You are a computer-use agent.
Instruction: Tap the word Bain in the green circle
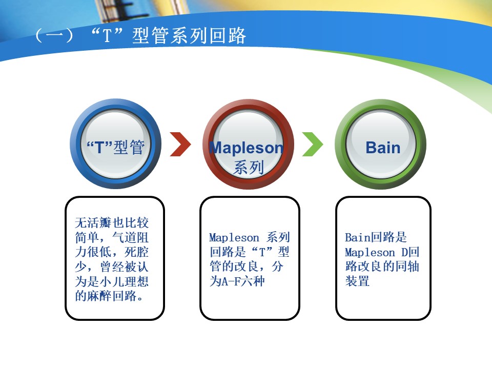[x=383, y=148]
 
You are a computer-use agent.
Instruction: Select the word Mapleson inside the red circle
[x=247, y=148]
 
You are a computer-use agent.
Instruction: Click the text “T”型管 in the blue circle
[x=115, y=147]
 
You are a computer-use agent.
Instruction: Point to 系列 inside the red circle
[x=248, y=167]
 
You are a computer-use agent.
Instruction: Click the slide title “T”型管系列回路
[x=168, y=35]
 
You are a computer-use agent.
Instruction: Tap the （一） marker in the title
[x=54, y=35]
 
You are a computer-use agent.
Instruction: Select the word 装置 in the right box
[x=357, y=281]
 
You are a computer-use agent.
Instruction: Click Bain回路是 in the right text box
[x=376, y=237]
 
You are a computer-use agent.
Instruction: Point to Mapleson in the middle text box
[x=234, y=238]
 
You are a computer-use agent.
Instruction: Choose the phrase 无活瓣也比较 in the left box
[x=112, y=222]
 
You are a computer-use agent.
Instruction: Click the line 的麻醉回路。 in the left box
[x=110, y=296]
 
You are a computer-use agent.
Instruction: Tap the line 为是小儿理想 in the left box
[x=112, y=281]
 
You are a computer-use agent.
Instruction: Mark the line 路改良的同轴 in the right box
[x=382, y=266]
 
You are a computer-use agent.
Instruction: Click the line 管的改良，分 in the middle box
[x=247, y=266]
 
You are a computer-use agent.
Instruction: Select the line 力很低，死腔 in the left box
[x=112, y=252]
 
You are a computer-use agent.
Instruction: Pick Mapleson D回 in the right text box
[x=382, y=252]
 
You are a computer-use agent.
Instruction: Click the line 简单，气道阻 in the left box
[x=112, y=237]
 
